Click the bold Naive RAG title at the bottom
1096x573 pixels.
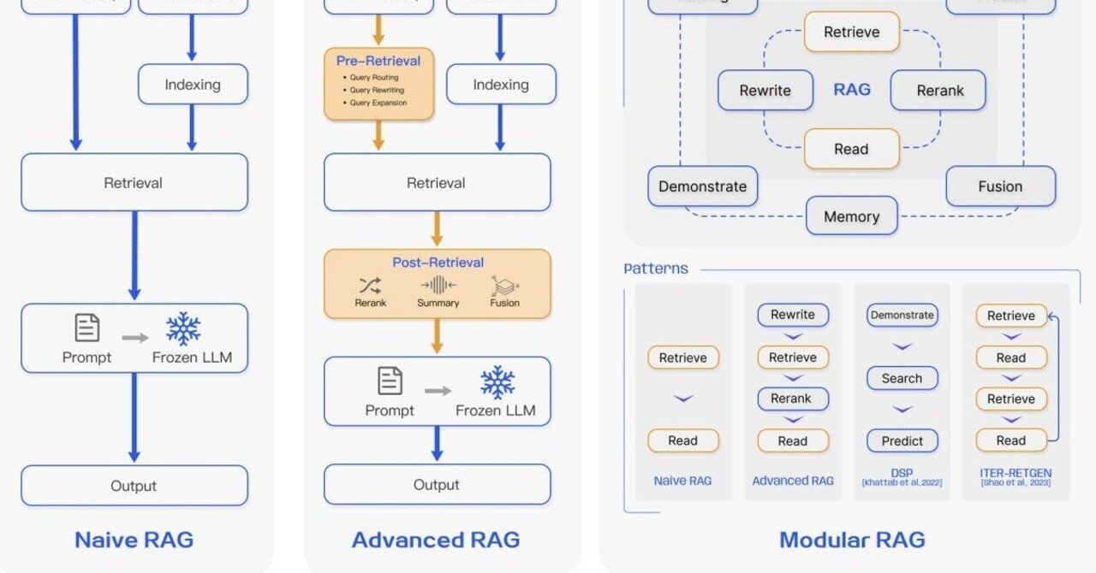134,540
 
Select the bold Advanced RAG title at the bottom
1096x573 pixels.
436,540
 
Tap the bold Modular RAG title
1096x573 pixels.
852,540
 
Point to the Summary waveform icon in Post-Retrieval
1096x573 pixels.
438,286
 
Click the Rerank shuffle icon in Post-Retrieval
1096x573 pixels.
370,286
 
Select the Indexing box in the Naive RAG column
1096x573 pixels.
193,85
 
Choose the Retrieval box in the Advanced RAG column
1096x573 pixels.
437,183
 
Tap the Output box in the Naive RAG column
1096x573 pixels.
134,486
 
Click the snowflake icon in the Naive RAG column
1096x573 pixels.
183,328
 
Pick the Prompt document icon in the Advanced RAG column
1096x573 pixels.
390,381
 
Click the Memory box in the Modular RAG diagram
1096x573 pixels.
851,216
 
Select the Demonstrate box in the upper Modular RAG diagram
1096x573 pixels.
702,186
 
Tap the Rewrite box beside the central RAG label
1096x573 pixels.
765,91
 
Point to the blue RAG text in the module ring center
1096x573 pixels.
851,90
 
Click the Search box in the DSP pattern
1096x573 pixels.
902,378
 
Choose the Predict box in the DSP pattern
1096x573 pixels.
902,441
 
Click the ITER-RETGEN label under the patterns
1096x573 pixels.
1016,471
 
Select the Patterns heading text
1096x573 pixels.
656,269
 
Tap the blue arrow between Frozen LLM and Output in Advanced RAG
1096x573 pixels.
437,444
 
